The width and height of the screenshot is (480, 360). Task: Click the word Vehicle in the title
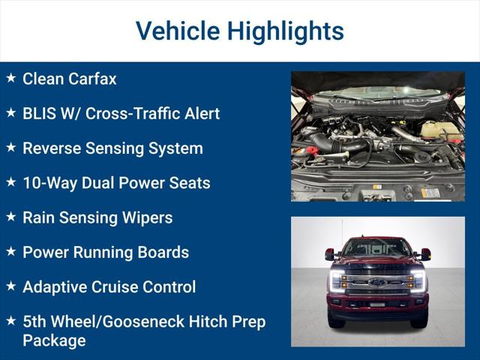point(177,31)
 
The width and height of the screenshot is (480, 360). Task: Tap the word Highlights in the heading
point(286,31)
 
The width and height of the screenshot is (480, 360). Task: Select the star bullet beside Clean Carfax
point(10,78)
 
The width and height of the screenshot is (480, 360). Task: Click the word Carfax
point(93,79)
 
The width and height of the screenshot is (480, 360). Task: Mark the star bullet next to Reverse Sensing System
point(10,148)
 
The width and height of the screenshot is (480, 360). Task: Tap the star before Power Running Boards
point(10,251)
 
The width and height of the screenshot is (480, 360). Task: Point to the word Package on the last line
point(54,340)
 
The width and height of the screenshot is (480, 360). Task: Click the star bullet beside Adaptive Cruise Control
point(10,286)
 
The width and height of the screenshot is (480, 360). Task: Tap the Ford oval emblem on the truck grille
point(377,283)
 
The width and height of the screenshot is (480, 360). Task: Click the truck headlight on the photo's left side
point(337,280)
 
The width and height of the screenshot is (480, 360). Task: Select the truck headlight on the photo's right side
point(418,280)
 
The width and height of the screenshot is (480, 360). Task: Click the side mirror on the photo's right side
point(425,254)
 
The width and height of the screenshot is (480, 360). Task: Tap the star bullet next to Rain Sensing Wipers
point(10,217)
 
